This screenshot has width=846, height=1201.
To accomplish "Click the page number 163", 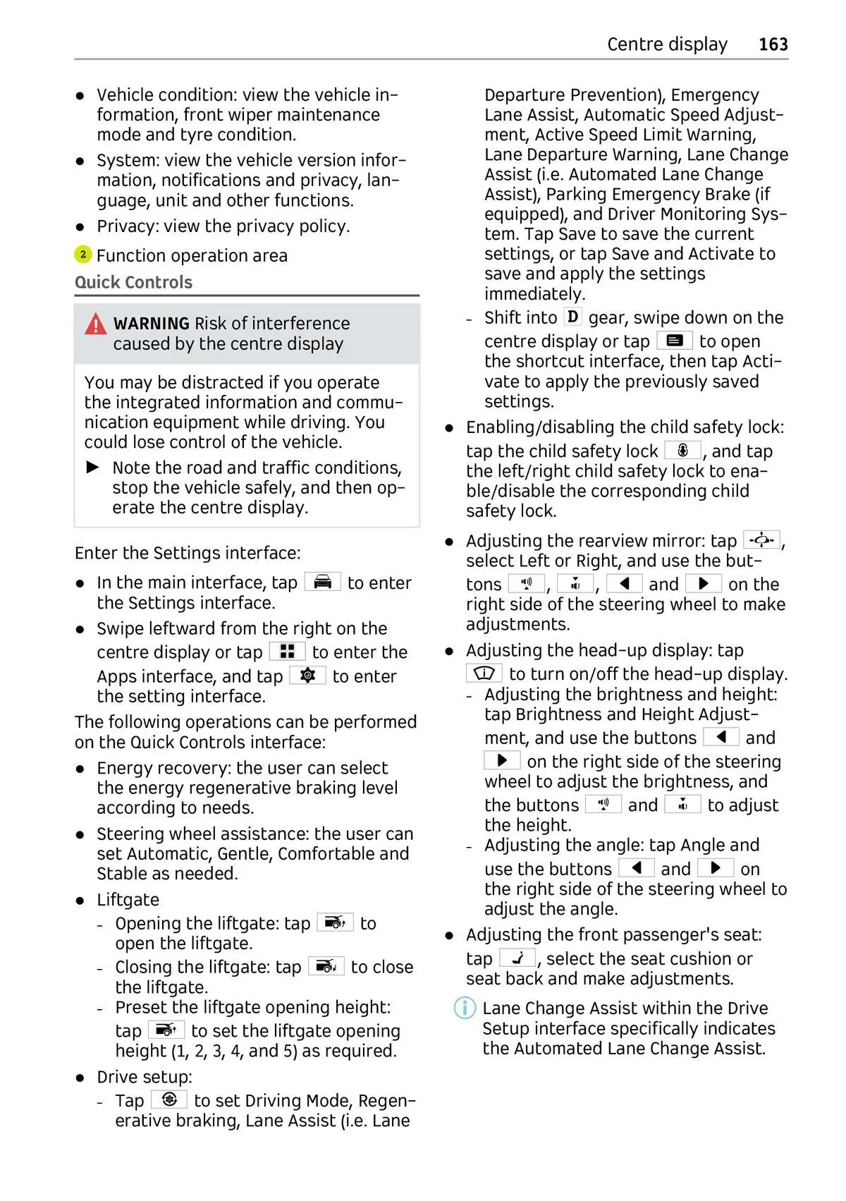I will [773, 44].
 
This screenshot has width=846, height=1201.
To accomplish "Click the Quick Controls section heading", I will [133, 282].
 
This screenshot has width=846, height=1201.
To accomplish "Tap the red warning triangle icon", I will [96, 324].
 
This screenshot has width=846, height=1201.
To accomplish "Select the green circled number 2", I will [83, 255].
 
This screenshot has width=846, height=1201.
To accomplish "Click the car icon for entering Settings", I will [322, 582].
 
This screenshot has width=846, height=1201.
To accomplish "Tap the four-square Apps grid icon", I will [287, 651].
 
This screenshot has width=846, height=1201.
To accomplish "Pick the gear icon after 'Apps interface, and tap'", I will [307, 676].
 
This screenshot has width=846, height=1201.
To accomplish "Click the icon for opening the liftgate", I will [335, 922].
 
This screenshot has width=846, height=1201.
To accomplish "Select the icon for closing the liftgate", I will [326, 966].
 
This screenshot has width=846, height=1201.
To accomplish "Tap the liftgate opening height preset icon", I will [166, 1030].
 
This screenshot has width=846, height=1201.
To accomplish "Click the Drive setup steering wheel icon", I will [169, 1099].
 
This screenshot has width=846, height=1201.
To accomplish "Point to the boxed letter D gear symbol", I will [573, 317].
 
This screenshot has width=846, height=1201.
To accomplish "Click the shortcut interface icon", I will [674, 341].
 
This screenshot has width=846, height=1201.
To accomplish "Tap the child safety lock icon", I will [682, 450].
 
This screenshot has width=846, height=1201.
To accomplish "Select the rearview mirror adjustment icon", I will [761, 540].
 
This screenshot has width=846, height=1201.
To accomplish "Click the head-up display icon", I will [484, 673].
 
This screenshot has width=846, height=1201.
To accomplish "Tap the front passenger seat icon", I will [517, 958].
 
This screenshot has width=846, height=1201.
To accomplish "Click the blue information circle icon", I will [465, 1008].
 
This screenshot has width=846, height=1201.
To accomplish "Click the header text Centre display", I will [667, 44].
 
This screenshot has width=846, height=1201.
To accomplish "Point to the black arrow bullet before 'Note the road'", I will [93, 468].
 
